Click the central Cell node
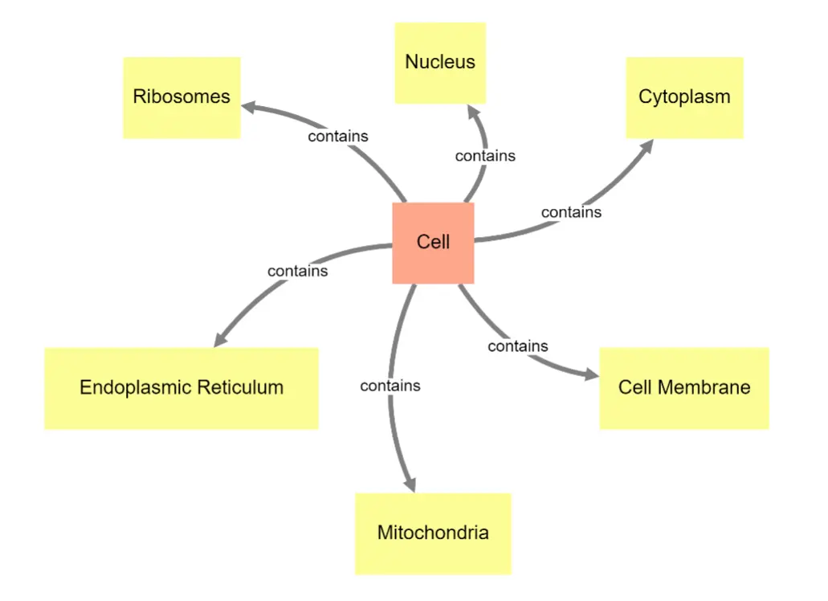click(433, 243)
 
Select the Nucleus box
click(440, 63)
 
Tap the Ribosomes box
click(182, 97)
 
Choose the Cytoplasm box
click(684, 97)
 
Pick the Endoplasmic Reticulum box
click(182, 388)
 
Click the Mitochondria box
click(433, 533)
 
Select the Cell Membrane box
click(684, 388)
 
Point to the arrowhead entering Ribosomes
click(248, 106)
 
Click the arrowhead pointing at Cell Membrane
click(592, 375)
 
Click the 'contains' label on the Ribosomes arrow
click(338, 137)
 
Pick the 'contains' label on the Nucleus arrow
click(485, 156)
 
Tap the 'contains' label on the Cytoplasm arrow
click(571, 213)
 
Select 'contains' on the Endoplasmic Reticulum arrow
click(298, 272)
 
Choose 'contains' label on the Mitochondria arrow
click(390, 386)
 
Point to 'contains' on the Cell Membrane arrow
click(518, 346)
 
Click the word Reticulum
click(242, 388)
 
